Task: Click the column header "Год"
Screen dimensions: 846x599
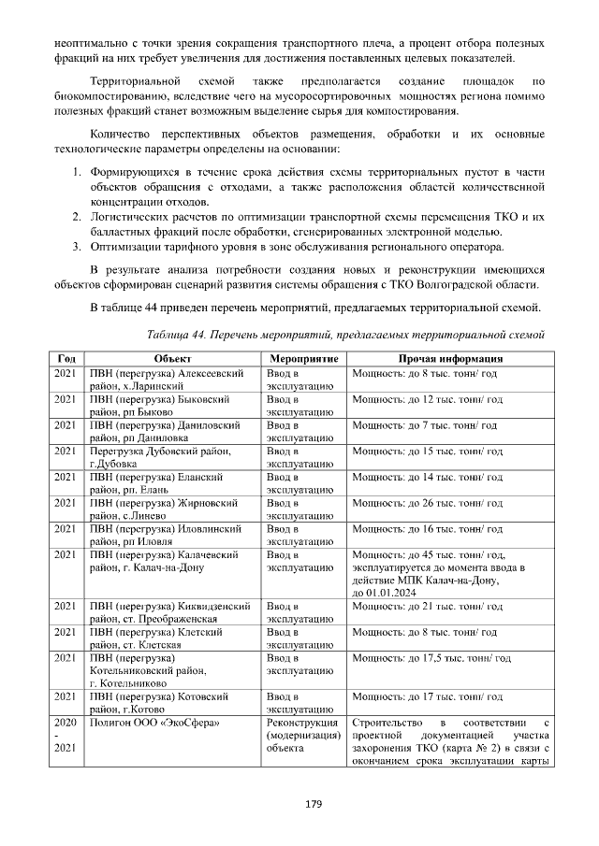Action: [x=66, y=359]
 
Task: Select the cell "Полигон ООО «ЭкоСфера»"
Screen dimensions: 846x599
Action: [x=150, y=722]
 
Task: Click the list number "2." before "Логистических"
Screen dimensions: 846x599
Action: [x=79, y=216]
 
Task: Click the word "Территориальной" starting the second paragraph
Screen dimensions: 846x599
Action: [x=134, y=81]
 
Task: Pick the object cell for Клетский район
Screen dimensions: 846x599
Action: [x=164, y=638]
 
